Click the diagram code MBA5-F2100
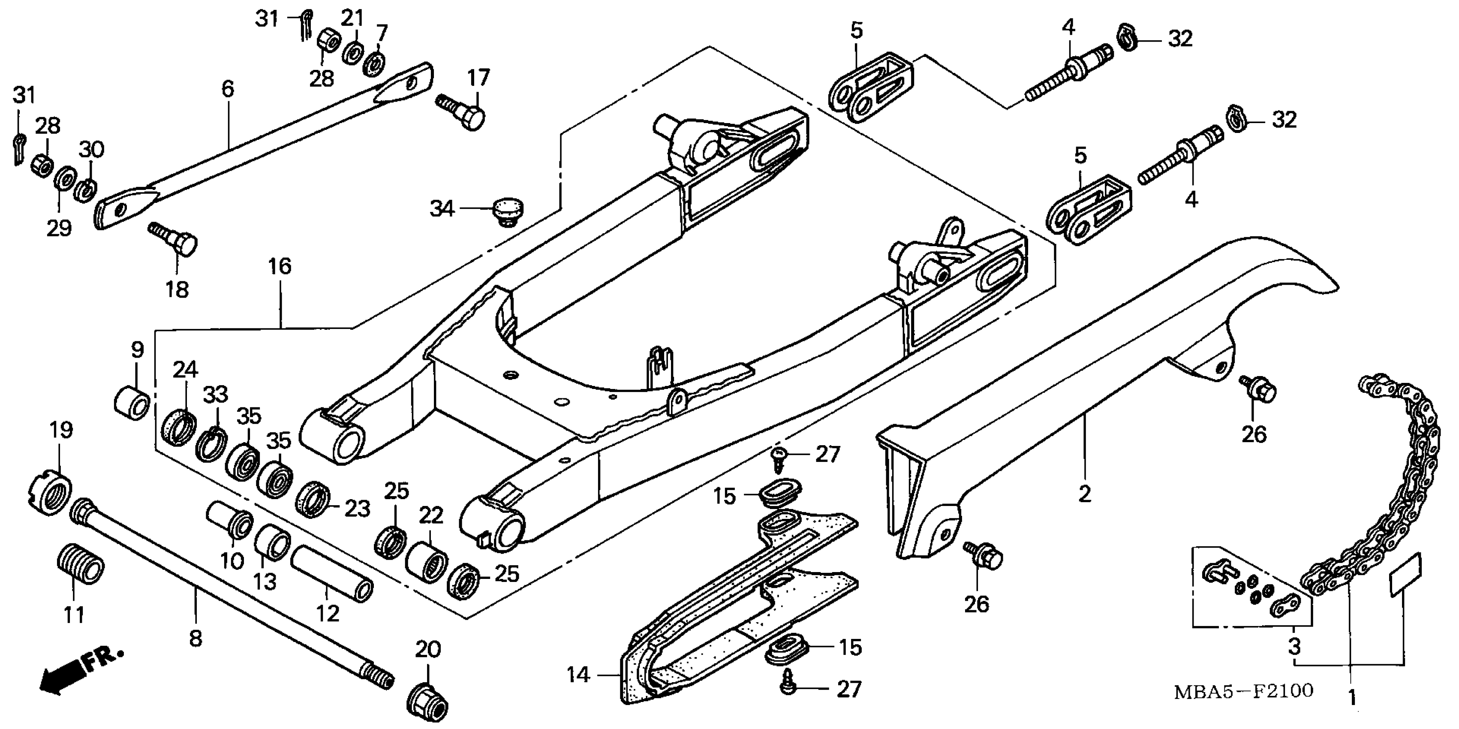[x=1243, y=691]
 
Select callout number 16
[x=280, y=267]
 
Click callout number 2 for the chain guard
[x=1084, y=494]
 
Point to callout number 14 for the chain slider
[x=578, y=675]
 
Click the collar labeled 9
[x=132, y=403]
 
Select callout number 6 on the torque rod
[x=228, y=89]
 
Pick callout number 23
[x=358, y=508]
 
